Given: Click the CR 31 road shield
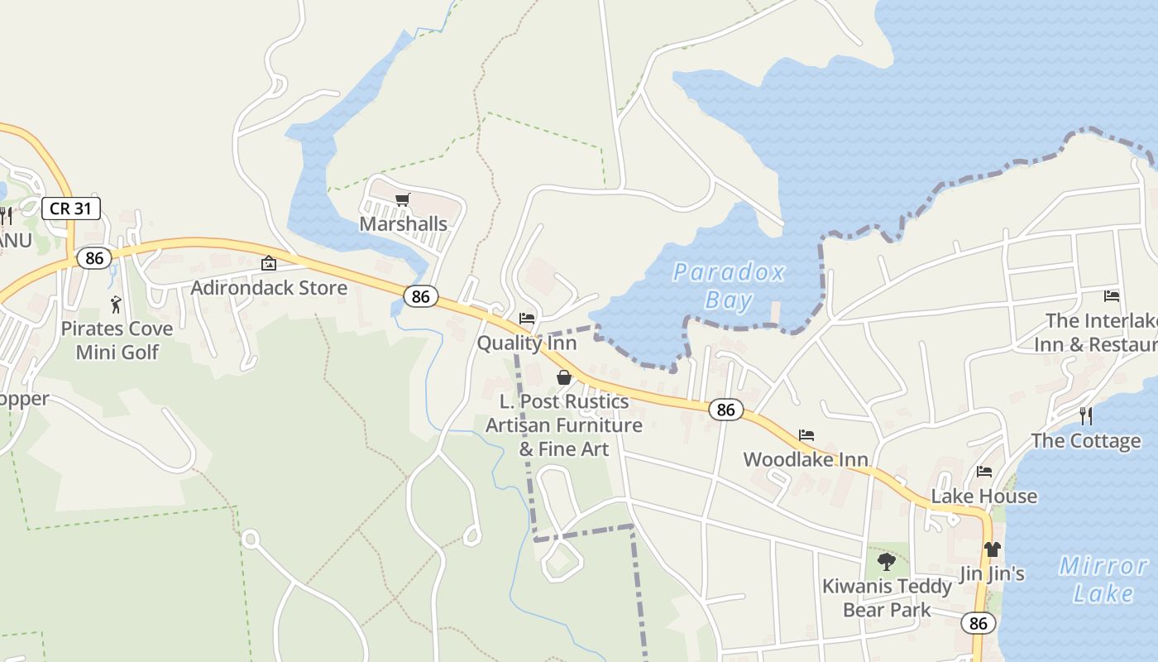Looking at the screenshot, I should point(71,208).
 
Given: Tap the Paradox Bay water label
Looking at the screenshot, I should point(729,285).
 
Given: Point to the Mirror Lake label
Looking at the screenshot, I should point(1103,579).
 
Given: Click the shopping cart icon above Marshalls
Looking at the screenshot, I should point(403,199).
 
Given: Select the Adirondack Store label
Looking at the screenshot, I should point(269,288).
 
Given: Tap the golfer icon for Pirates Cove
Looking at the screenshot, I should point(116,305).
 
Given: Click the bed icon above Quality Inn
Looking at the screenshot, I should point(527,319).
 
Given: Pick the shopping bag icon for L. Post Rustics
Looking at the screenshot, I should point(564,377).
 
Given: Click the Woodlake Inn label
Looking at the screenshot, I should point(806,459).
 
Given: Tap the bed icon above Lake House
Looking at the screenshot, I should point(984,472).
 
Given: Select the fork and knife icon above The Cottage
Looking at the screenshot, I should point(1086,415).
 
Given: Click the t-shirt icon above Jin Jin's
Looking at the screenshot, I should point(993,549).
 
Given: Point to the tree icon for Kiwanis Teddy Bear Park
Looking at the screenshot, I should point(887,562).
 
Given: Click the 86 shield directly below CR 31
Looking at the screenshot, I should point(94,258).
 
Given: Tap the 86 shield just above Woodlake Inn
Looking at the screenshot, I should point(725,410).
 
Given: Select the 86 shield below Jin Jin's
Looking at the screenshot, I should point(979,623).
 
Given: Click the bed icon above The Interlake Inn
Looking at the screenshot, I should point(1112,296).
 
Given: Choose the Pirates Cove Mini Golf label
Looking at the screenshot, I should point(117,340).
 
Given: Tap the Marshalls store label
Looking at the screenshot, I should point(403,224).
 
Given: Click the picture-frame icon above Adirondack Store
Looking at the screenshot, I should point(269,264).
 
